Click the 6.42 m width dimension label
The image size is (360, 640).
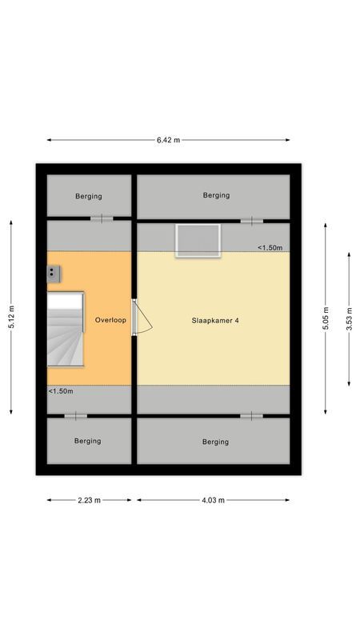click(168, 139)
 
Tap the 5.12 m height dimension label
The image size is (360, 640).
click(11, 318)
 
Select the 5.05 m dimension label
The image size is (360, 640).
click(325, 318)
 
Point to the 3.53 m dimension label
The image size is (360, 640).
click(350, 318)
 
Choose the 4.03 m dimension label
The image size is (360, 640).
click(214, 500)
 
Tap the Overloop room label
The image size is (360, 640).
click(110, 320)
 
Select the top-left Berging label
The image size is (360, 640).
click(88, 196)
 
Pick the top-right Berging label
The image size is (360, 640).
click(216, 195)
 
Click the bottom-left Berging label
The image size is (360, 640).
click(88, 441)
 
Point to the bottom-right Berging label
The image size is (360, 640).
click(216, 442)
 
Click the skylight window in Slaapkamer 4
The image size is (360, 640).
click(198, 240)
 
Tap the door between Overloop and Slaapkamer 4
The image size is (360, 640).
click(141, 318)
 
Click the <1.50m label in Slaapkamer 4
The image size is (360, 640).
click(270, 248)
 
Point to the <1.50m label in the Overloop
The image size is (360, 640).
click(61, 391)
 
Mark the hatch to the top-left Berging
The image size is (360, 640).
click(102, 218)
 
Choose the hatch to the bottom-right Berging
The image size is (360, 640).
click(251, 416)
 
